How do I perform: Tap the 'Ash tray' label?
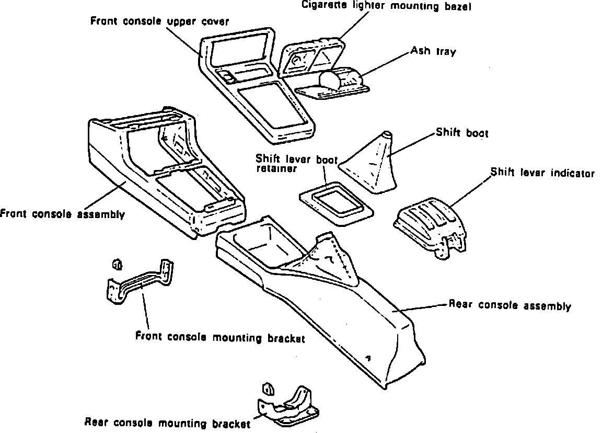[x=433, y=51]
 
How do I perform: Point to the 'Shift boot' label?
[x=462, y=133]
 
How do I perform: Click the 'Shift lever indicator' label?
[x=542, y=173]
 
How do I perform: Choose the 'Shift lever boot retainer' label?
[x=296, y=163]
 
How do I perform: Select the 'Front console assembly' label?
[x=62, y=214]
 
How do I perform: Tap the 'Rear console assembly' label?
[x=510, y=305]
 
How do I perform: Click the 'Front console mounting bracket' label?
[x=219, y=337]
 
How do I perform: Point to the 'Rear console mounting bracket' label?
[x=166, y=423]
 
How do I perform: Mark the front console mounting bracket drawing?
[x=140, y=282]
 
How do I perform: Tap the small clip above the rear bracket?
[x=267, y=389]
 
